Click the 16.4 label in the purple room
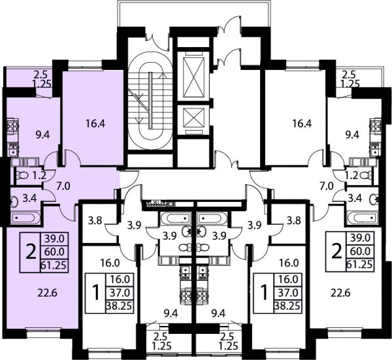[95, 123]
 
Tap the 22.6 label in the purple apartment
[47, 293]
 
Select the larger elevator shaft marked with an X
[193, 77]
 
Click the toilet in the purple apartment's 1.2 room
[22, 175]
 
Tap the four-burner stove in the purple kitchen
[12, 125]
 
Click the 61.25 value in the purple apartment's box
[54, 265]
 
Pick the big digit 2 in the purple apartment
[31, 252]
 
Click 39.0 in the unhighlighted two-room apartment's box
[360, 238]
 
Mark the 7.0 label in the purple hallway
[63, 186]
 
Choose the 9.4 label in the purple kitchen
[42, 135]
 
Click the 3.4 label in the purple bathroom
[29, 199]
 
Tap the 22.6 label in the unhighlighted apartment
[341, 293]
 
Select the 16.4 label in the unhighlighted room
[302, 123]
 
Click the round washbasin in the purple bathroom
[14, 202]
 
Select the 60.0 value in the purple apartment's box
[54, 252]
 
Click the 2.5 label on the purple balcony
[41, 74]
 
